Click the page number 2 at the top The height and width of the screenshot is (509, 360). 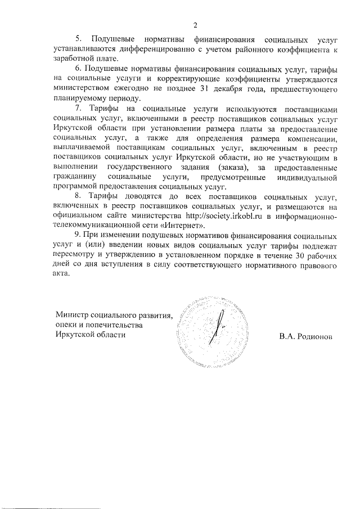tap(195, 25)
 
